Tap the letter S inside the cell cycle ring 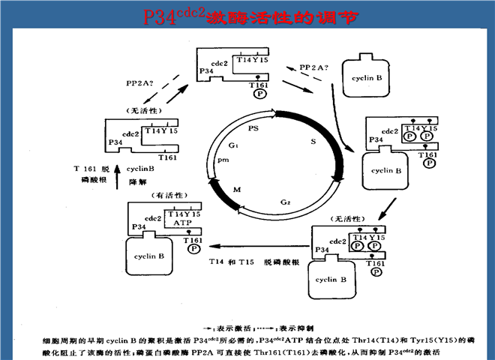tap(313, 141)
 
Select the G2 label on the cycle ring tap(286, 202)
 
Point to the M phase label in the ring tap(237, 190)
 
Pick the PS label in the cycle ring tap(254, 128)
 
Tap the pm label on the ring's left tap(223, 160)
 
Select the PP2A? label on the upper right tap(314, 67)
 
